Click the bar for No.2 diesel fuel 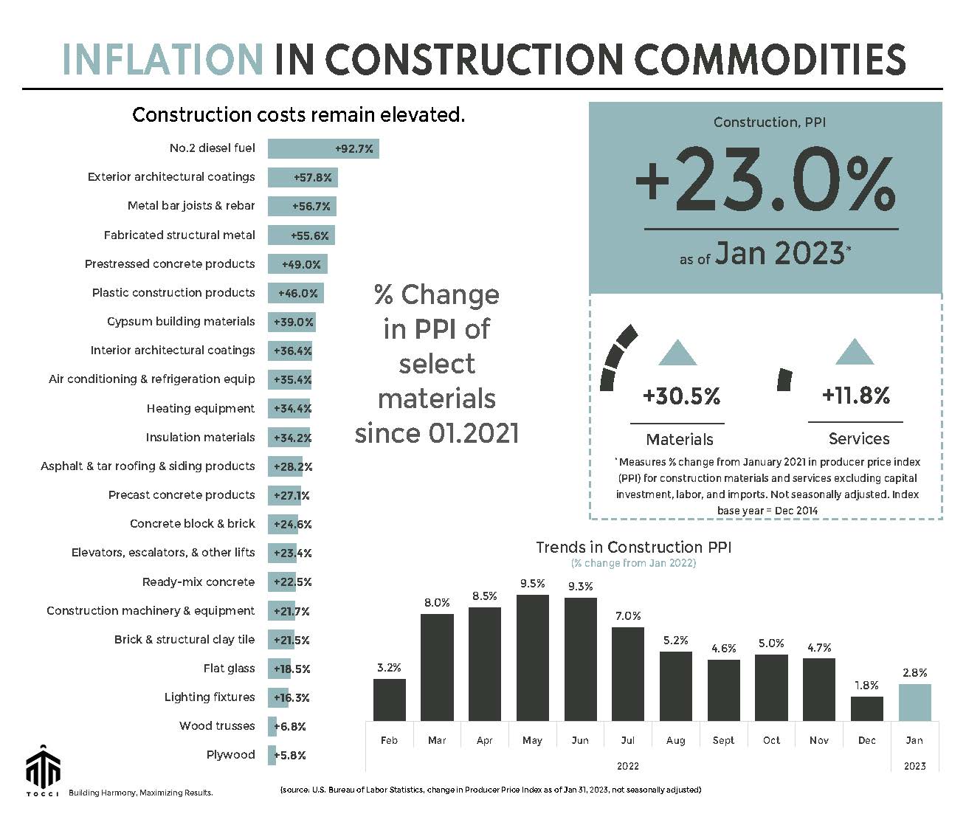322,148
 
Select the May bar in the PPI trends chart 532,657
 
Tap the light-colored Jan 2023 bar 914,702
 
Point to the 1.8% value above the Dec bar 866,686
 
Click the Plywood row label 230,754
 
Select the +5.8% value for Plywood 290,755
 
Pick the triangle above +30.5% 677,353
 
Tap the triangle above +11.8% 855,352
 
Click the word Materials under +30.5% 679,439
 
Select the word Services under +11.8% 859,438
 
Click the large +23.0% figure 765,179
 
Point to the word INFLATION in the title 162,59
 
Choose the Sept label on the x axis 723,740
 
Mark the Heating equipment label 200,408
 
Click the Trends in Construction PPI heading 633,547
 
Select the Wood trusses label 217,725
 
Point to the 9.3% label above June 580,587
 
